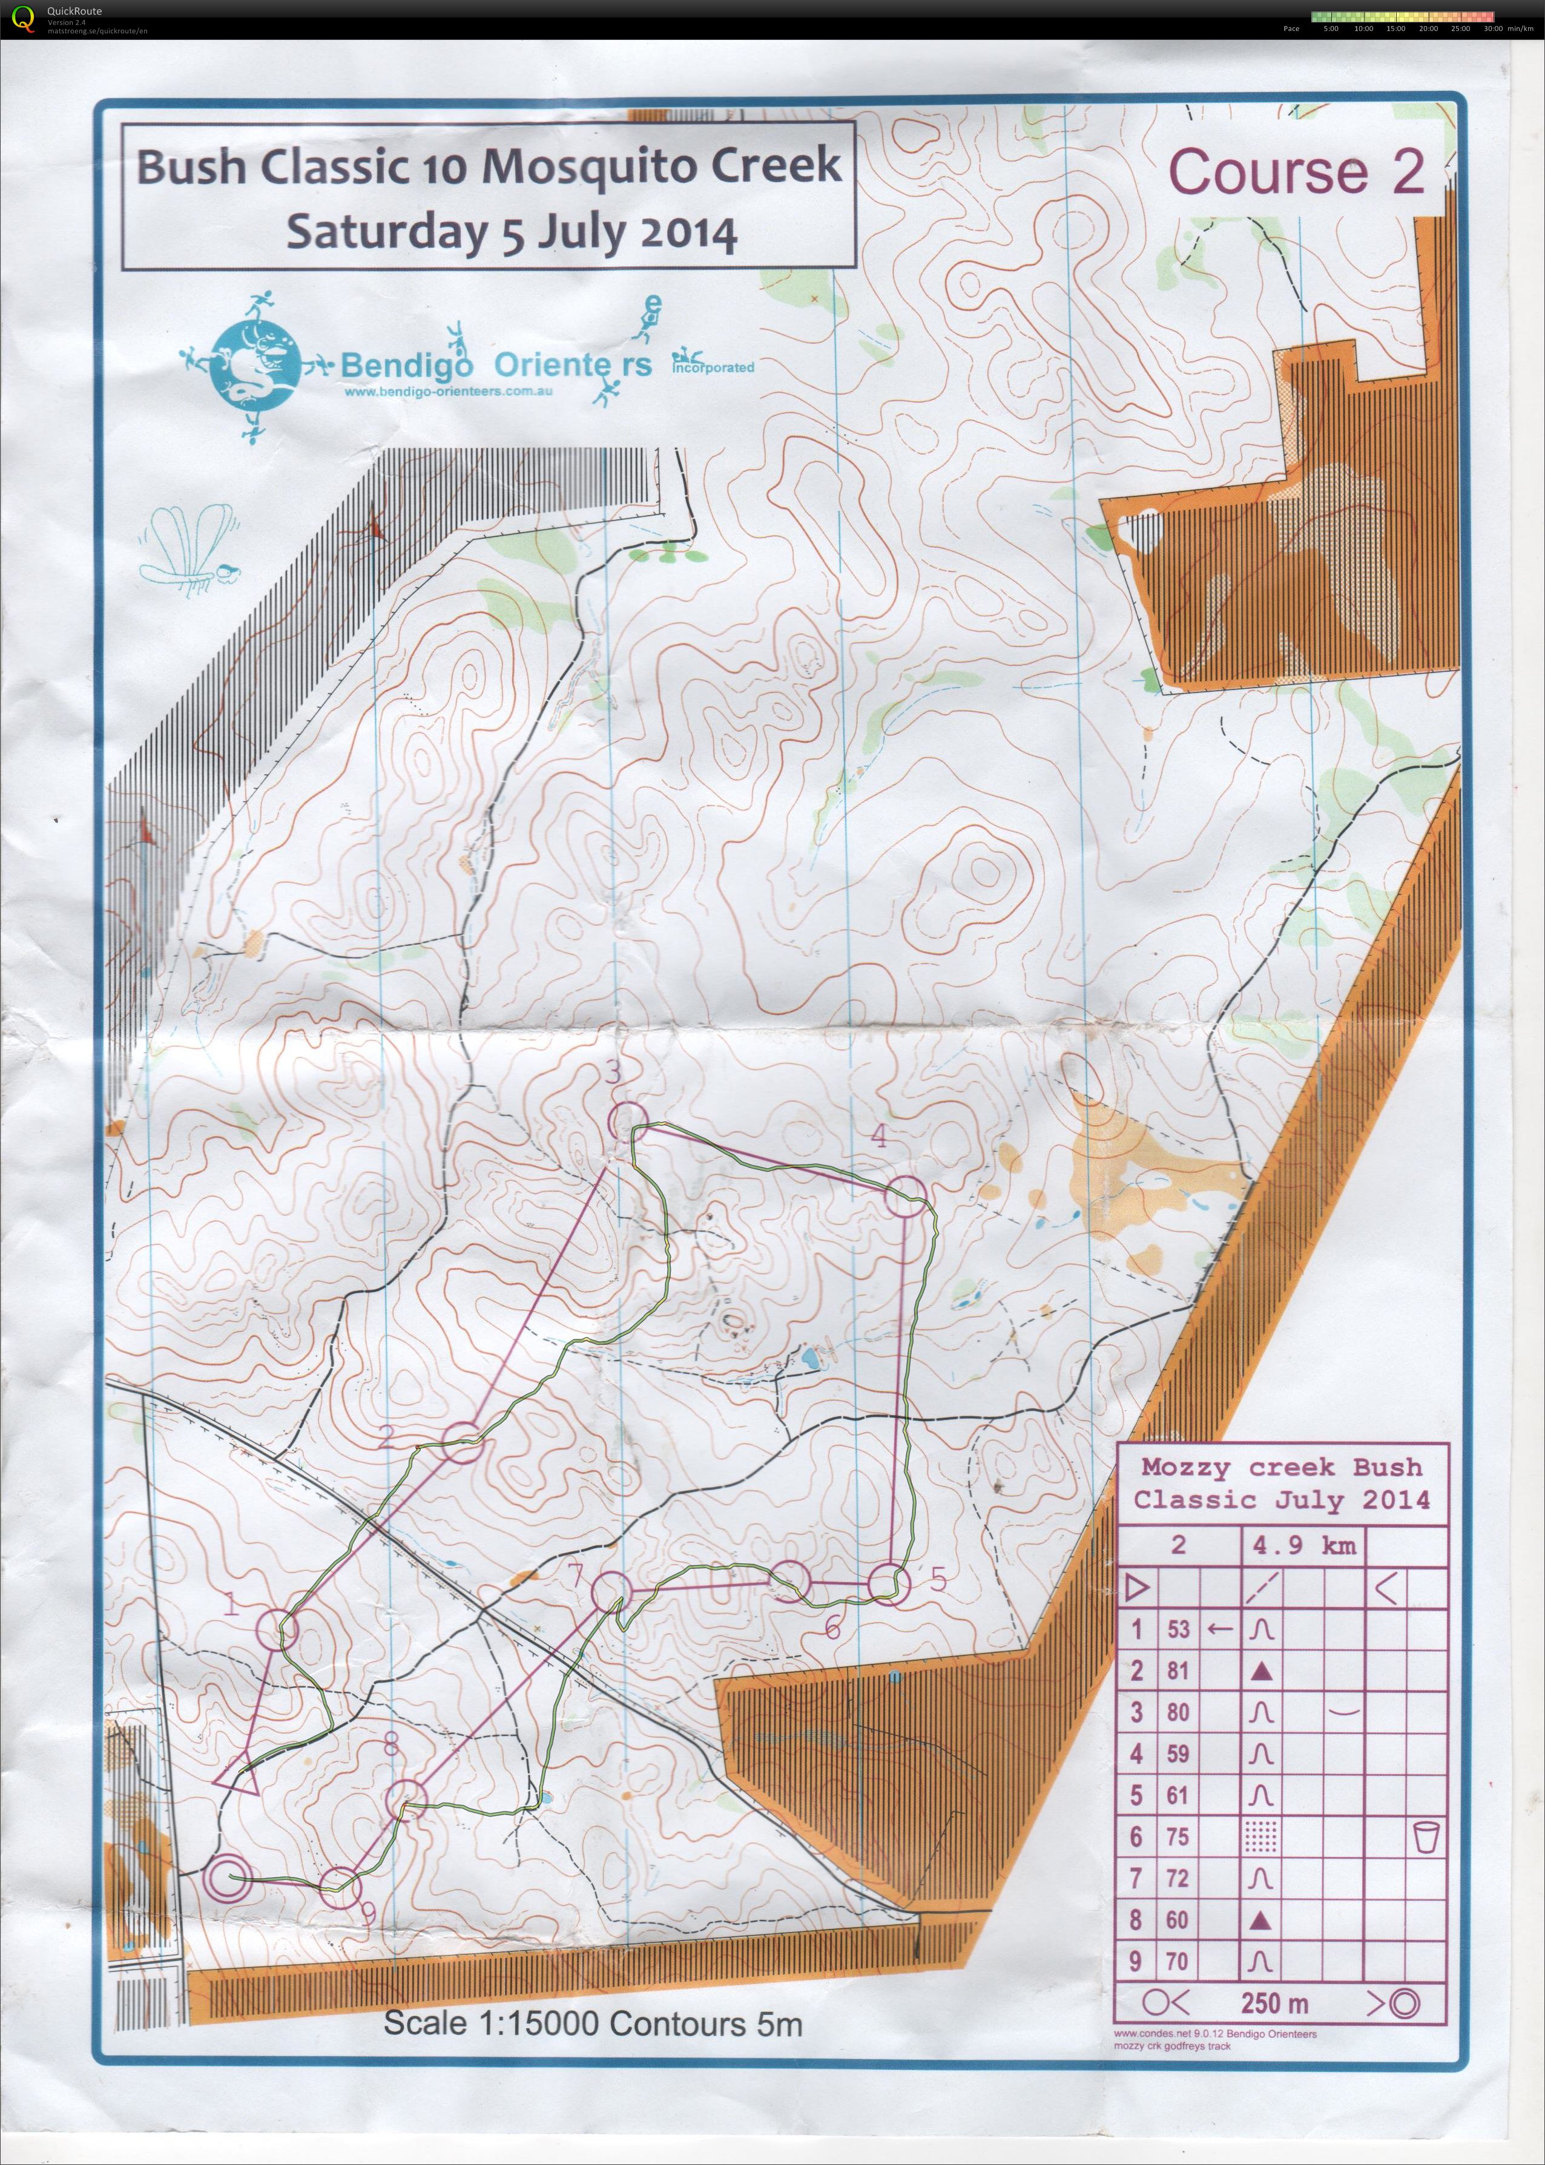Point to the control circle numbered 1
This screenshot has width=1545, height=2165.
tap(278, 1629)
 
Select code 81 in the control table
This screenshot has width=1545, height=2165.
tap(1178, 1671)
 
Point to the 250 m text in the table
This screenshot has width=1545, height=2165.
tap(1273, 2003)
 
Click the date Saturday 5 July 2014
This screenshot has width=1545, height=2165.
tap(512, 231)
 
